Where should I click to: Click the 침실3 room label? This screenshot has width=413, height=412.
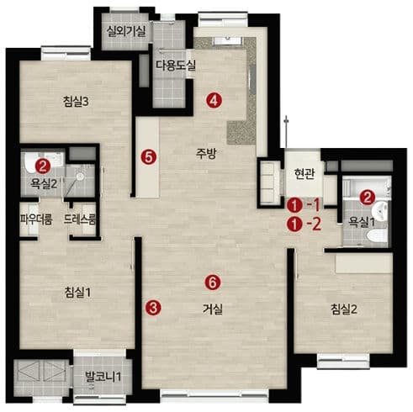coord(76,102)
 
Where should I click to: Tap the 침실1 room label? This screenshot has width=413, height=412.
coord(77,293)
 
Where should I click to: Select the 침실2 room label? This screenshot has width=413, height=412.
coord(343,309)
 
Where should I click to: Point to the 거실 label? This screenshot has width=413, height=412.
coord(213,309)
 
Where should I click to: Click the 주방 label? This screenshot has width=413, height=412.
coord(206,153)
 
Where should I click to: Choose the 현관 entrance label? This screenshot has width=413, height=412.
coord(304,174)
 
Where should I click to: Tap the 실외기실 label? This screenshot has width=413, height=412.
coord(126,31)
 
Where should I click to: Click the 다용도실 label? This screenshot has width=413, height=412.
coord(176,66)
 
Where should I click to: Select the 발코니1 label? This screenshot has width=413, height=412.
coord(103,377)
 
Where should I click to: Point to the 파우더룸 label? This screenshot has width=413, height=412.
coord(36,219)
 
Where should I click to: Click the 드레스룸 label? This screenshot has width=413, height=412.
coord(80,219)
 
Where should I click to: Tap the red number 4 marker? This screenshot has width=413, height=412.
coord(214,100)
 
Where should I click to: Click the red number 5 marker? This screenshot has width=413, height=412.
coord(149,157)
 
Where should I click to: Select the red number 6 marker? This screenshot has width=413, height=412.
coord(213,283)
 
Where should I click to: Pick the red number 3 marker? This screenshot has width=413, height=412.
coord(153,308)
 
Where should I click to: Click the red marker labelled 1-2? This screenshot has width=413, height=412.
coord(304,224)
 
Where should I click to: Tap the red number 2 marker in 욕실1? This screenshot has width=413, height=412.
coord(368,198)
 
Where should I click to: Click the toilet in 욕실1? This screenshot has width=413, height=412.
coord(377,237)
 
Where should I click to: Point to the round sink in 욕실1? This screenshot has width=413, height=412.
coord(380,211)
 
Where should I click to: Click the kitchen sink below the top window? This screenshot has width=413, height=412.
coord(227,40)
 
